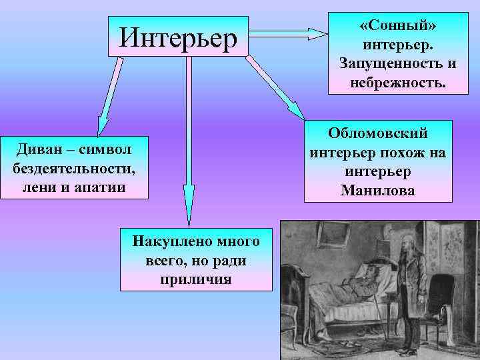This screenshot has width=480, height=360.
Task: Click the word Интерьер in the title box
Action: pos(178,37)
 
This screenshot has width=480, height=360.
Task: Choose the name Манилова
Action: pos(377,190)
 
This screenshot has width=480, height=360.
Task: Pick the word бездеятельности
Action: pos(73,167)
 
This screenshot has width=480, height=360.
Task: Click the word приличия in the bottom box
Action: pos(196,279)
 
